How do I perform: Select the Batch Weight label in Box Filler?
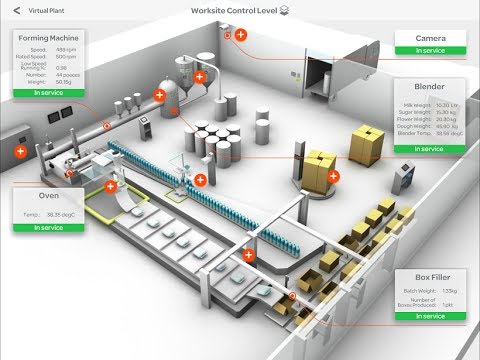tap(412, 290)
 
